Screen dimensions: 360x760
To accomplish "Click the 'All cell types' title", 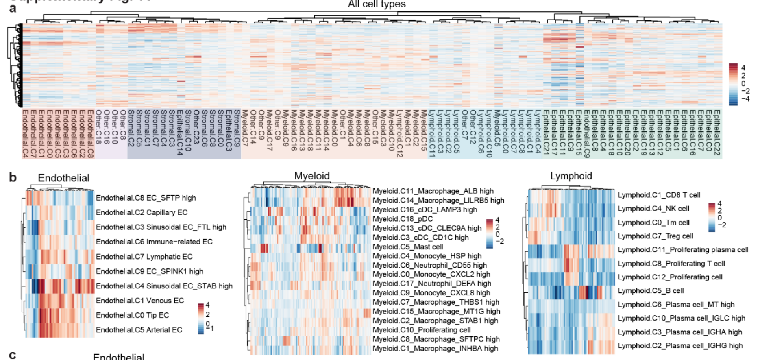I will [377, 4].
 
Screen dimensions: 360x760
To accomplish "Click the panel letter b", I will [13, 177].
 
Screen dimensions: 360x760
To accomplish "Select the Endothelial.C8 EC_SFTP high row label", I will [146, 198].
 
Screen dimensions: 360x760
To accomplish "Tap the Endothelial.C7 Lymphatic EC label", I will [144, 257].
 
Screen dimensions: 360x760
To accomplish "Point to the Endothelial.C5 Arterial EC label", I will [139, 330].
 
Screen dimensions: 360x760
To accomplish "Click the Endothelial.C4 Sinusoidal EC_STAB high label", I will [164, 286].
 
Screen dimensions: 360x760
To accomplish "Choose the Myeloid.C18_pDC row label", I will [403, 219].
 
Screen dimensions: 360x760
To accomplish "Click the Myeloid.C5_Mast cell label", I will [408, 247].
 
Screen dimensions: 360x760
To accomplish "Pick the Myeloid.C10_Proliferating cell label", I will [421, 330].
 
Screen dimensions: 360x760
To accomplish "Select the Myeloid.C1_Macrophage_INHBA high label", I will [435, 349].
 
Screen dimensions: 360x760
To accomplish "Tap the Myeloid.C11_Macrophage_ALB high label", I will [433, 191].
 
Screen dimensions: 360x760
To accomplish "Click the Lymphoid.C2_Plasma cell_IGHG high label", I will [680, 346].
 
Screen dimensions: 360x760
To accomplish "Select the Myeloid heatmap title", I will [312, 176].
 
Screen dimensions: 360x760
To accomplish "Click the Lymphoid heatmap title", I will [571, 176].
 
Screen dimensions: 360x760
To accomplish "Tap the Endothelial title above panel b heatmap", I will [63, 178].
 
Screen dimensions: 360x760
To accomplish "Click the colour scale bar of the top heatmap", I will [733, 84].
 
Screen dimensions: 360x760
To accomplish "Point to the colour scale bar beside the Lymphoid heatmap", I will [712, 217].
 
